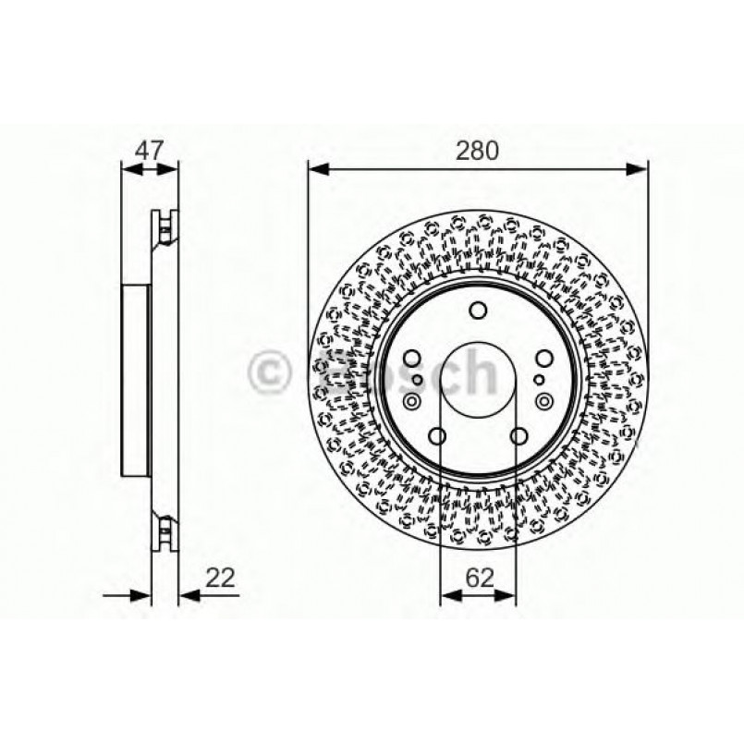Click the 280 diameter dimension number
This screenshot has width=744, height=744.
point(478,150)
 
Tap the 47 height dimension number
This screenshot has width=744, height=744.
point(150,150)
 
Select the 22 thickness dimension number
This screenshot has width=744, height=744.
point(220,578)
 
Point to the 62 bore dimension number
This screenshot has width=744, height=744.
point(478,578)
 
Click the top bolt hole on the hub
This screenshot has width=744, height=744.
point(478,311)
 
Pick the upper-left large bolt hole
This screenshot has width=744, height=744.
point(412,359)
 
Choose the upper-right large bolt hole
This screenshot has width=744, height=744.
point(543,359)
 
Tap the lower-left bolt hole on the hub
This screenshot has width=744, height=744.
point(438,435)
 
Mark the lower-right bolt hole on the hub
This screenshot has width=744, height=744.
point(518,435)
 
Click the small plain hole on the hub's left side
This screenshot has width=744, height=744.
point(418,379)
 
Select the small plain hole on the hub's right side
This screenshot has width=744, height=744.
point(538,379)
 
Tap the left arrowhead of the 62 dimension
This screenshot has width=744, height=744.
point(448,596)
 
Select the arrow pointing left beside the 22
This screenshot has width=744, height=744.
point(187,596)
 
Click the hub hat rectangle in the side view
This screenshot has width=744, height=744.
point(135,380)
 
